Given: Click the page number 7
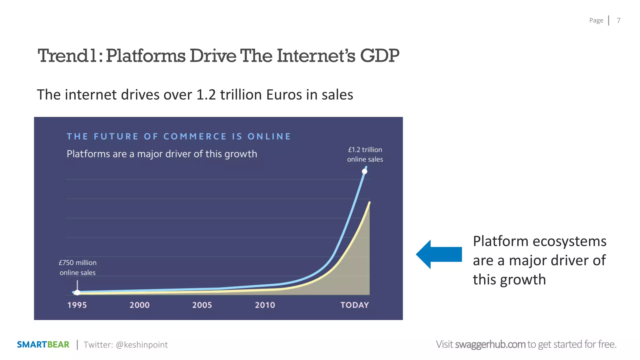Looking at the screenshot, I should click(618, 21).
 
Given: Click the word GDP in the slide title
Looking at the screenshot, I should click(379, 56).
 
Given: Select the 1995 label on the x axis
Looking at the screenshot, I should click(77, 305).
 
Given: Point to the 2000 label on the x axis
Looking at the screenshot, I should click(139, 305).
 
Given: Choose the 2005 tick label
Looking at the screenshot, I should click(202, 305).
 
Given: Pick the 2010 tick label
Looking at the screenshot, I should click(265, 305).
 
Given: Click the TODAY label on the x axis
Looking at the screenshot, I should click(355, 305).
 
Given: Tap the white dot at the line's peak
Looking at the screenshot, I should click(364, 171).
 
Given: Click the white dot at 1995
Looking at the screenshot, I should click(77, 292).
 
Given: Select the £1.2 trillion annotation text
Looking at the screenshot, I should click(365, 150).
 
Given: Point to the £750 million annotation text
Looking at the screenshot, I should click(77, 263).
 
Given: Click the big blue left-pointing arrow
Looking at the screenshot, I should click(439, 254).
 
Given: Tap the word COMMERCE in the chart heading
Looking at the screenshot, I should click(195, 137).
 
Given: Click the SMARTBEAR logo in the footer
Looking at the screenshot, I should click(43, 345).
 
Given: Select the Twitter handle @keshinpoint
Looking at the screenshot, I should click(142, 345).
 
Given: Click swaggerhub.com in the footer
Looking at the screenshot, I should click(490, 344).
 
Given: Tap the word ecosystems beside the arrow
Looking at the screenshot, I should click(569, 242).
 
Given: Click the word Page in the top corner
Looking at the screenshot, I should click(596, 21).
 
